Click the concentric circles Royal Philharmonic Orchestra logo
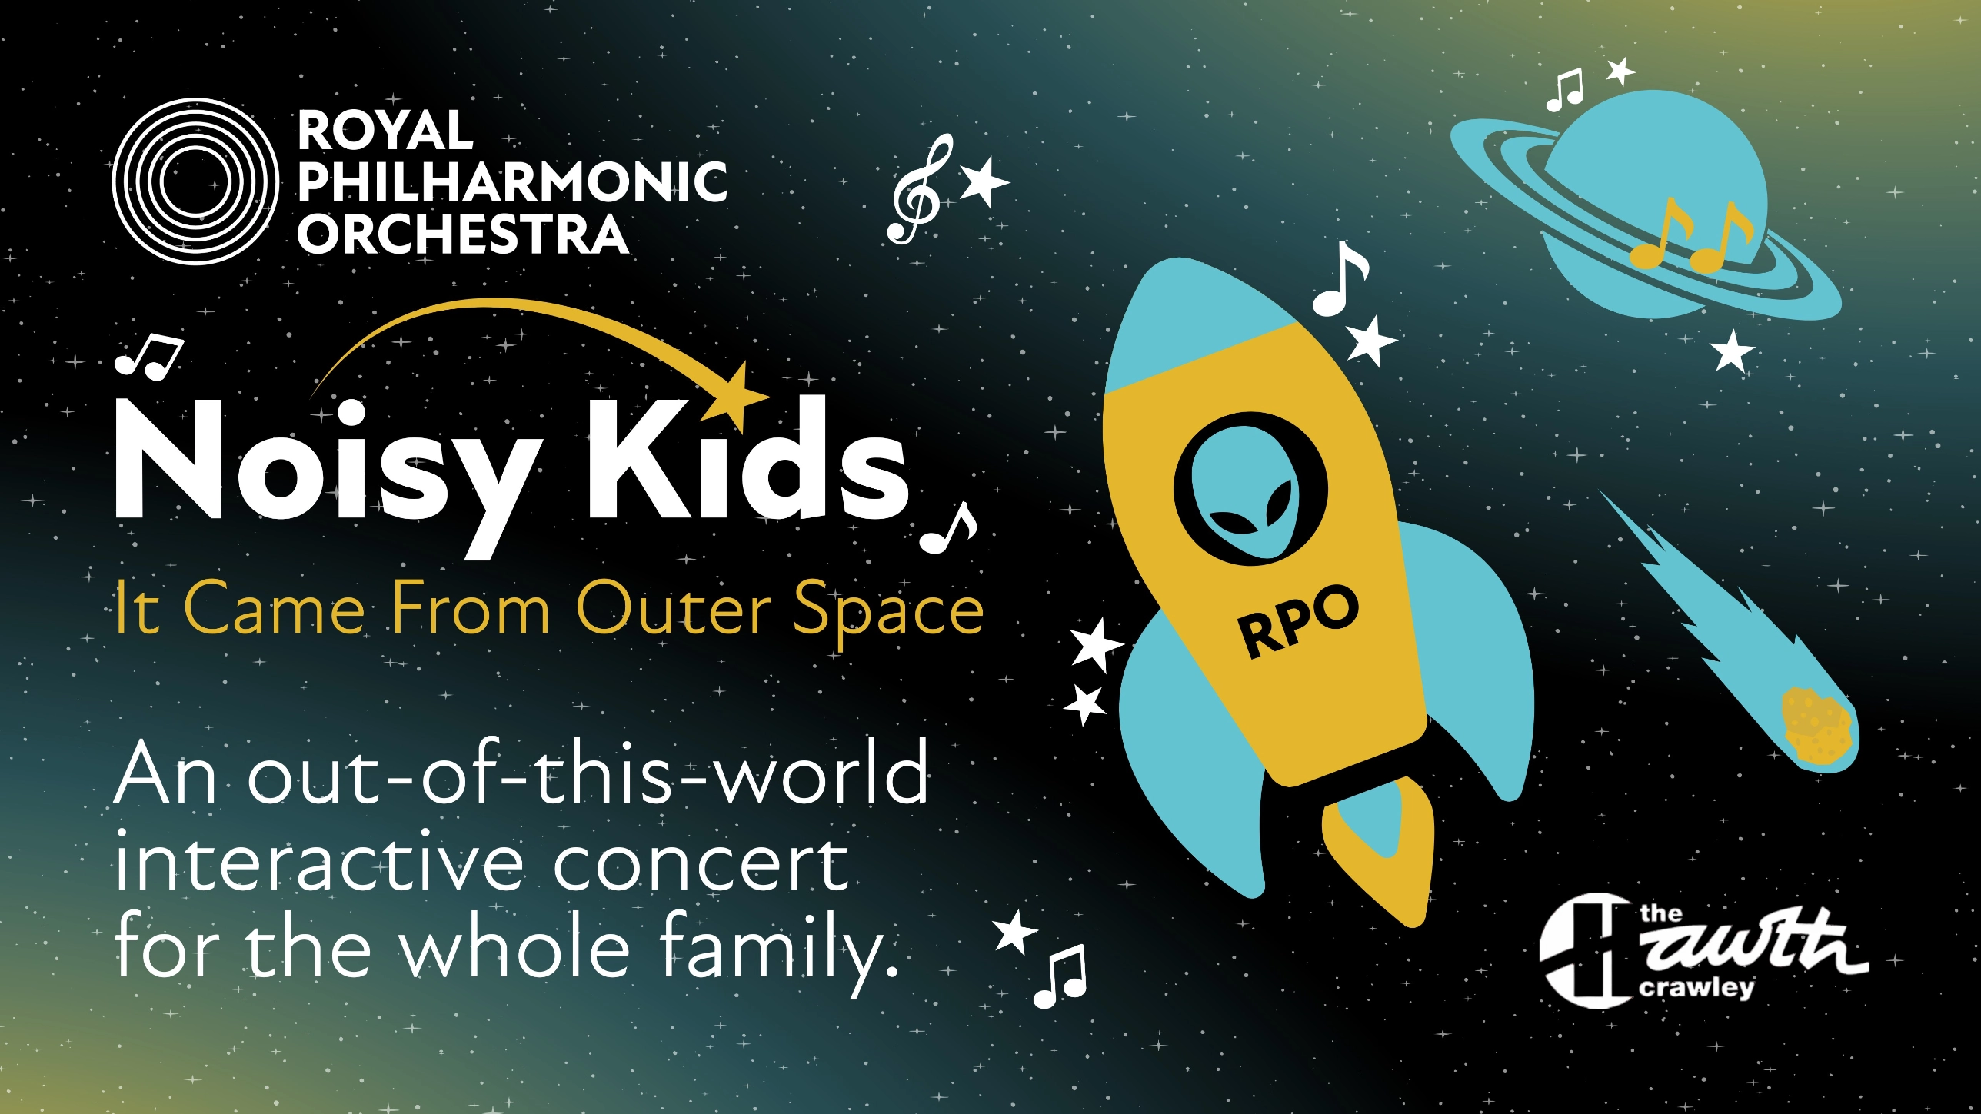pos(195,181)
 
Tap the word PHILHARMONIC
pos(512,181)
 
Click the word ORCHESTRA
pos(463,234)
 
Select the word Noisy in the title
pos(323,469)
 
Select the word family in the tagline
pos(769,949)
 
